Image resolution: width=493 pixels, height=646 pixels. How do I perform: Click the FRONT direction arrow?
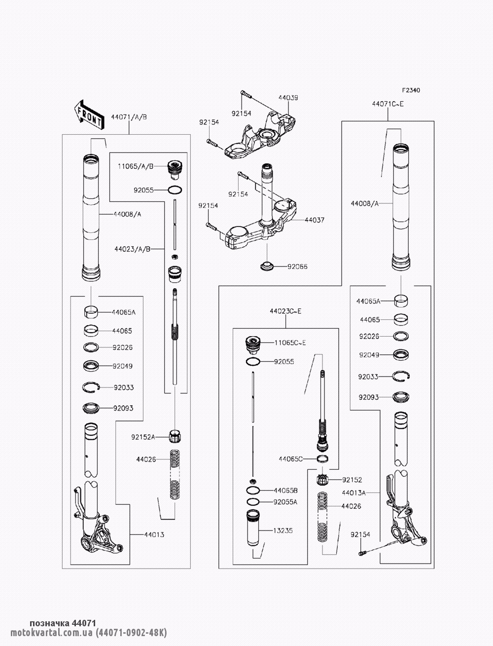(89, 115)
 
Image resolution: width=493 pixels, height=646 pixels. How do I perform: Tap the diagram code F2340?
(411, 90)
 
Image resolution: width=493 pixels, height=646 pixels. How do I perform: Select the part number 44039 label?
(288, 98)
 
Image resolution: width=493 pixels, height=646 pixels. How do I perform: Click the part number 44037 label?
(315, 220)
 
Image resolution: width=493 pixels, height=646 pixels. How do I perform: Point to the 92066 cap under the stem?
(267, 266)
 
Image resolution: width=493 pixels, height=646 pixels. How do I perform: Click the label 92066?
(297, 266)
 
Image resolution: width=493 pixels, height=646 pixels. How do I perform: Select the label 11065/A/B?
(136, 166)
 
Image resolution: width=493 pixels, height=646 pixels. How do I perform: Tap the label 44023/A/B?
(132, 249)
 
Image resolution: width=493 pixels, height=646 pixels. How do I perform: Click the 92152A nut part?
(175, 436)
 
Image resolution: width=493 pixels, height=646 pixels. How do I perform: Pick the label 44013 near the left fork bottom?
(154, 535)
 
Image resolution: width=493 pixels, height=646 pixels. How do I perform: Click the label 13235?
(283, 531)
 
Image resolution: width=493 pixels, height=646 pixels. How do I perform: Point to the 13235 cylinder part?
(253, 528)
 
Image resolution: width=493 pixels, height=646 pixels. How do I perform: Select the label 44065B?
(285, 491)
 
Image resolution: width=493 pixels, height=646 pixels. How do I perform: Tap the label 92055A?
(285, 502)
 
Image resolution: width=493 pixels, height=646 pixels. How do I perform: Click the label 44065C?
(290, 459)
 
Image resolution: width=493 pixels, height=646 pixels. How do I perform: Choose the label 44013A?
(353, 493)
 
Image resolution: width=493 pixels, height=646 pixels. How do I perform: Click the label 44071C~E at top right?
(388, 104)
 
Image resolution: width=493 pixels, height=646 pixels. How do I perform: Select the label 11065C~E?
(290, 342)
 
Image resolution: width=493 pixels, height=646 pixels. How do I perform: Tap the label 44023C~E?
(285, 311)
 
